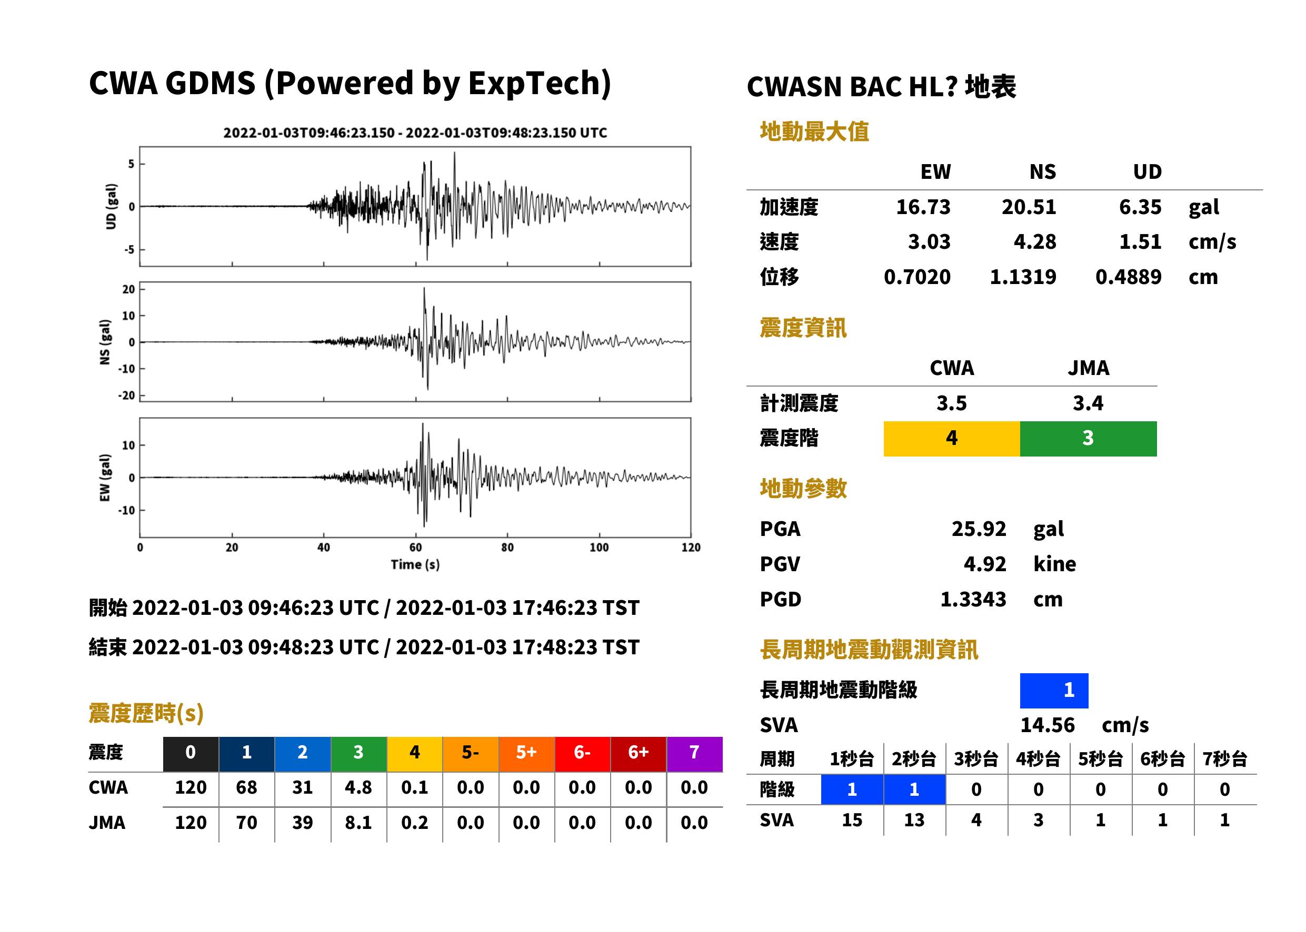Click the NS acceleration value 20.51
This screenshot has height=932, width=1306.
coord(1029,207)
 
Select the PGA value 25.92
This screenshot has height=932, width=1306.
coord(979,529)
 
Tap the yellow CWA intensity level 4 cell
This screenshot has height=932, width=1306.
coord(952,439)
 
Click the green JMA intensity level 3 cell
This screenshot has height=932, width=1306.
coord(1089,439)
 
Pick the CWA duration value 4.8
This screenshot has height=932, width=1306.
coord(358,787)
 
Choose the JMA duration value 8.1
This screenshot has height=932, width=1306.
coord(358,823)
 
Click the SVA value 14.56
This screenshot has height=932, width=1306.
coord(1047,725)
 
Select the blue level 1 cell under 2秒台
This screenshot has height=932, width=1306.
coord(914,789)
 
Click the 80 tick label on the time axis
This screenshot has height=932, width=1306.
coord(507,548)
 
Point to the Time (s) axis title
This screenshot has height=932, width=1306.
coord(415,565)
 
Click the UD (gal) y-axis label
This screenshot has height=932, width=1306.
coord(111,207)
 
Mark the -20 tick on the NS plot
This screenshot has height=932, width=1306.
coord(127,396)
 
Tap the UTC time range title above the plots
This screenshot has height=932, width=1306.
coord(415,133)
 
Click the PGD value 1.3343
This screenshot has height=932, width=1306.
coord(973,599)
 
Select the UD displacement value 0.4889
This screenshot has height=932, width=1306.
coord(1128,277)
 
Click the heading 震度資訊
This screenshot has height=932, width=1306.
coord(803,328)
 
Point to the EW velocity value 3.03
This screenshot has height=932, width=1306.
coord(929,241)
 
